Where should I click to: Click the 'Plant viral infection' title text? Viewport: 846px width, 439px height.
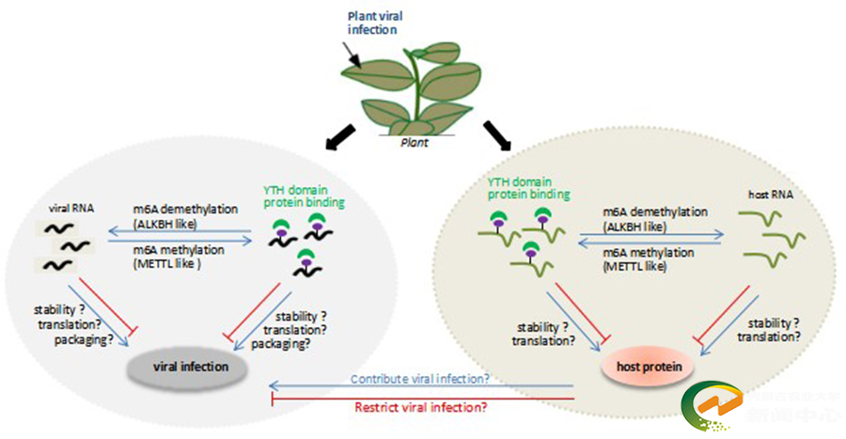[x=373, y=23]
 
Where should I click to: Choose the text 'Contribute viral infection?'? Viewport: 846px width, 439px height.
[x=419, y=380]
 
